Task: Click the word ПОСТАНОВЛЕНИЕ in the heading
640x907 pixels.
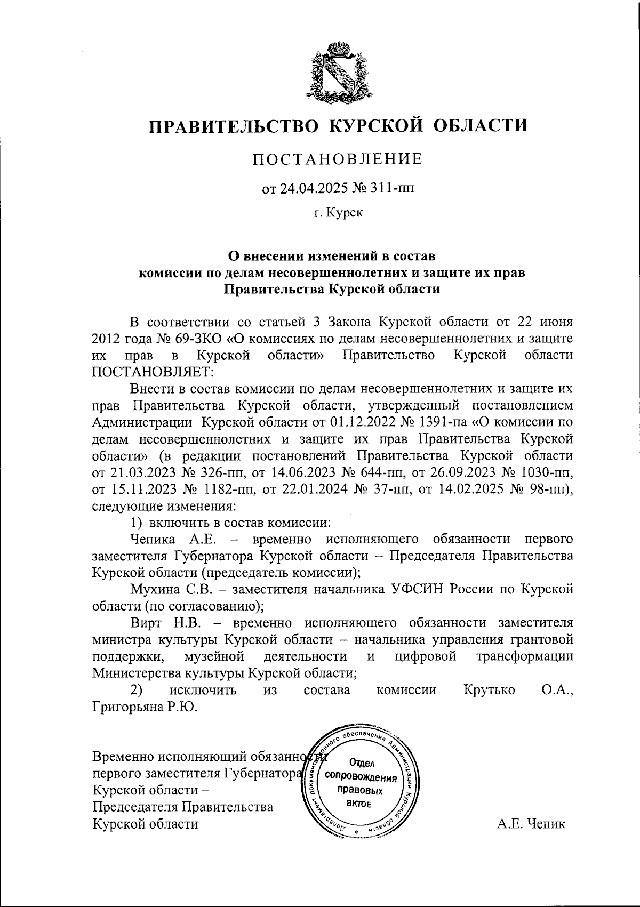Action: (x=337, y=159)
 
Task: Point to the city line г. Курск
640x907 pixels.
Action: (x=338, y=213)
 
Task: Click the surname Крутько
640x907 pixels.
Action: (x=490, y=690)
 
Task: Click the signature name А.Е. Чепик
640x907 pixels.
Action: (x=531, y=824)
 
